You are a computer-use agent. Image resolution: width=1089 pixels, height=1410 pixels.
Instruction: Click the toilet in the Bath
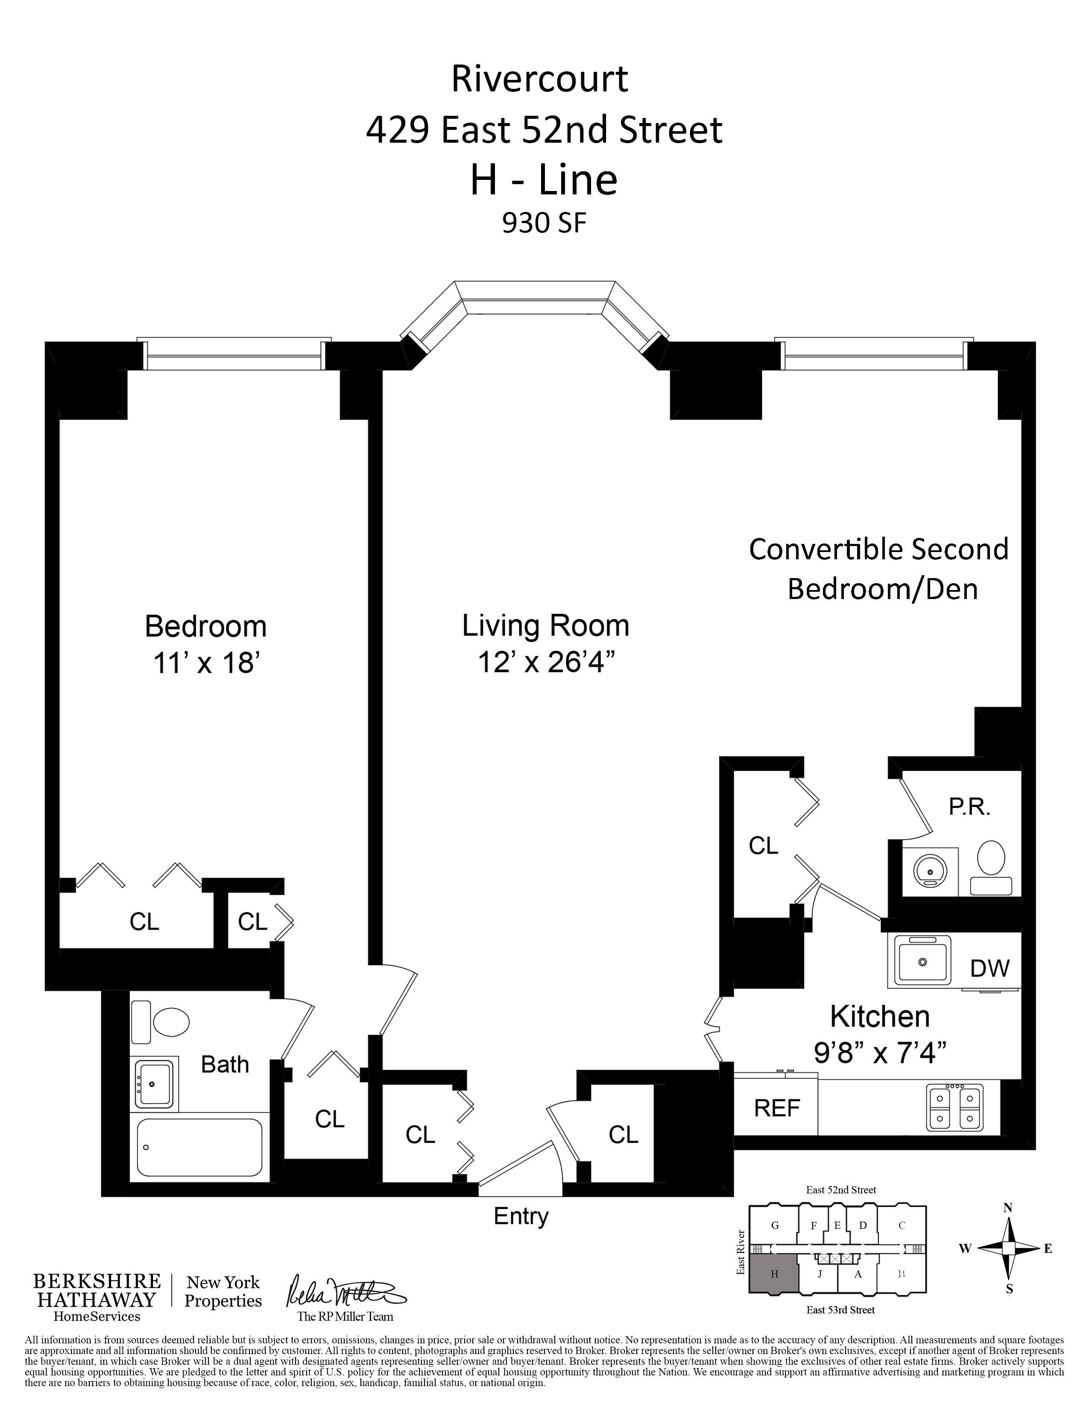[161, 1022]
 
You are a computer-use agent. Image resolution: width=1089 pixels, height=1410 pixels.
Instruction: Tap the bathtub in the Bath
[200, 1147]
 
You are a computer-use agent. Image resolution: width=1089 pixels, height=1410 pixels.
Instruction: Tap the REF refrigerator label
[777, 1108]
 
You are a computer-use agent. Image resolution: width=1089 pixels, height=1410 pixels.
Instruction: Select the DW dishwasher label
[989, 968]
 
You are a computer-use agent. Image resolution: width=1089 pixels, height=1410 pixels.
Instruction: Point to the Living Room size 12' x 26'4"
[546, 662]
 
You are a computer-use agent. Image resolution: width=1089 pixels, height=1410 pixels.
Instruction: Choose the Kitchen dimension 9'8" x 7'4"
[880, 1053]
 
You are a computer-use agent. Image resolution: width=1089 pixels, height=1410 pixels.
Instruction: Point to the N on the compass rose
[1008, 1208]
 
